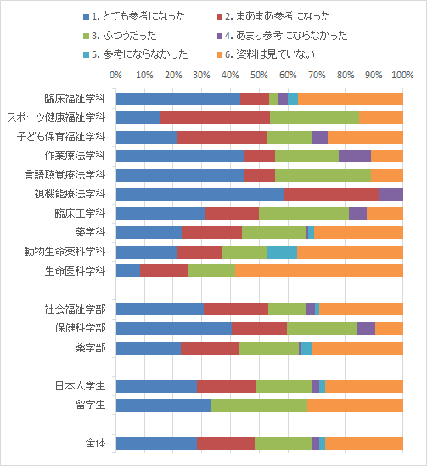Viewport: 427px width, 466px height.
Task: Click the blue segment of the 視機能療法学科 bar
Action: [x=199, y=195]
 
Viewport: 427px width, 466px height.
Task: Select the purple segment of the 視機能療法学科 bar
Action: [x=390, y=195]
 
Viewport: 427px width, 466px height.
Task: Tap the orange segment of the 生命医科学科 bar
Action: [x=319, y=270]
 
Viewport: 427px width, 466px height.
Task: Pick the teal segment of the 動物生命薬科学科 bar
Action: [x=282, y=252]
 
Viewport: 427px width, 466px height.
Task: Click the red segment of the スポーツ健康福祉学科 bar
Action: [x=215, y=117]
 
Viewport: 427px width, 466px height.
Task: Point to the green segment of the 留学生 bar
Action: [x=260, y=405]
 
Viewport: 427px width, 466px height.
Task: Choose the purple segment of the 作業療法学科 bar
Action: [x=355, y=156]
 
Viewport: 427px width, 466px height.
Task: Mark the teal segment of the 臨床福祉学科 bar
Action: [x=293, y=99]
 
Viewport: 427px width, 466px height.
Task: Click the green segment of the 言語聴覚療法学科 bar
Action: [x=323, y=175]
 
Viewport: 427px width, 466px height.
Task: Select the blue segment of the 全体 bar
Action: [x=156, y=443]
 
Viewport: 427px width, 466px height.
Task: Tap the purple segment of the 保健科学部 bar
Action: [x=366, y=328]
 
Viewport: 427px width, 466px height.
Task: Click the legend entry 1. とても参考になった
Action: [x=134, y=16]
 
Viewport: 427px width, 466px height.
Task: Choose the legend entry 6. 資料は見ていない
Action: [x=267, y=54]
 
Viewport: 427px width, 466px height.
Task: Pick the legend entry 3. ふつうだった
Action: [x=120, y=36]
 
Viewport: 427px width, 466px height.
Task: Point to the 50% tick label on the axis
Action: [x=259, y=75]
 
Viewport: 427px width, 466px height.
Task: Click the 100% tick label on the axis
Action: [x=402, y=75]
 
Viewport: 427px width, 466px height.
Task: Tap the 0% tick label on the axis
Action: [x=115, y=75]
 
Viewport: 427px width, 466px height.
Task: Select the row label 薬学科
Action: [x=90, y=232]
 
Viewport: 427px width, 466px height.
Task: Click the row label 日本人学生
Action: [x=80, y=386]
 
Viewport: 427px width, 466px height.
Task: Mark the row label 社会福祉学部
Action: [x=75, y=310]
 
